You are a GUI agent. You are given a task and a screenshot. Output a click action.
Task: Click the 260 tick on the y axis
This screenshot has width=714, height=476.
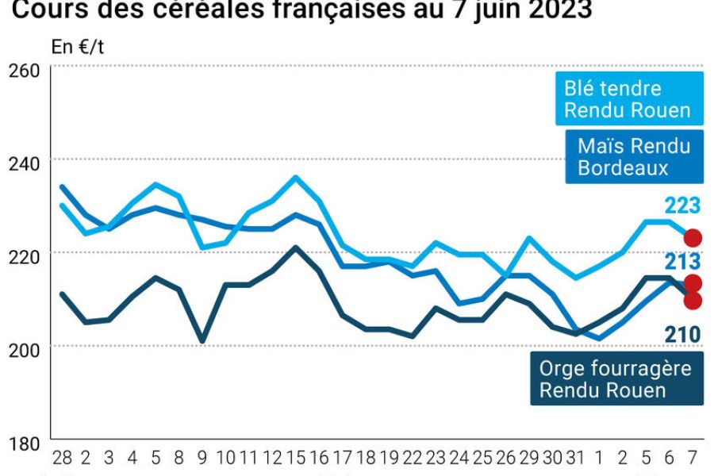pyautogui.click(x=23, y=70)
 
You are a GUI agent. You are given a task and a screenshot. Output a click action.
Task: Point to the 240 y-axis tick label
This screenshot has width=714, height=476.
pyautogui.click(x=23, y=162)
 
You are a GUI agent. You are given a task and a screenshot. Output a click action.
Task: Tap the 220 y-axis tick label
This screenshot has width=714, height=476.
pyautogui.click(x=23, y=255)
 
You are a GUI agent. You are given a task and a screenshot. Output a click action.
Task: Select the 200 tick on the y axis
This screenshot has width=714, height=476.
pyautogui.click(x=23, y=348)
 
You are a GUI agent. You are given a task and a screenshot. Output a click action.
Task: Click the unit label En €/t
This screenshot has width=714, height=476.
pyautogui.click(x=78, y=47)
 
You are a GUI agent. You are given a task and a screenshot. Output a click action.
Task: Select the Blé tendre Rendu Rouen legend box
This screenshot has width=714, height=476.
pyautogui.click(x=627, y=98)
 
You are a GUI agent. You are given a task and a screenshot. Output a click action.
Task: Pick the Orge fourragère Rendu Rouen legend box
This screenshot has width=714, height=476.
pyautogui.click(x=615, y=379)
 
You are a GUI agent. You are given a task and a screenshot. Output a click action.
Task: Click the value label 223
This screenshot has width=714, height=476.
pyautogui.click(x=682, y=206)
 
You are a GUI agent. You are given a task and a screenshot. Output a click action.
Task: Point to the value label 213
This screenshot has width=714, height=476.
pyautogui.click(x=682, y=262)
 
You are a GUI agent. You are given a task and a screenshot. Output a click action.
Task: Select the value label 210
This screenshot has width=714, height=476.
pyautogui.click(x=682, y=334)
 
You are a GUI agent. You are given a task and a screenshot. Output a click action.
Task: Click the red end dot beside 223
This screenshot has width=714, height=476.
pyautogui.click(x=693, y=238)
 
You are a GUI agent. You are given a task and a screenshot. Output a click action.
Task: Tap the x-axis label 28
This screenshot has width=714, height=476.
pyautogui.click(x=62, y=458)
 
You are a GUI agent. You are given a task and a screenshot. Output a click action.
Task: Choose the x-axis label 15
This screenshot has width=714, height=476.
pyautogui.click(x=296, y=458)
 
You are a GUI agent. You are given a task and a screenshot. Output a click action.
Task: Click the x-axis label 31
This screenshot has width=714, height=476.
pyautogui.click(x=576, y=458)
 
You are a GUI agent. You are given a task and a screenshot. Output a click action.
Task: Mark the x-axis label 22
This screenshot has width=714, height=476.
pyautogui.click(x=413, y=458)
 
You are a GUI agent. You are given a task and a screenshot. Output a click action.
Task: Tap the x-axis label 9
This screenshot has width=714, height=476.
pyautogui.click(x=203, y=458)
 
